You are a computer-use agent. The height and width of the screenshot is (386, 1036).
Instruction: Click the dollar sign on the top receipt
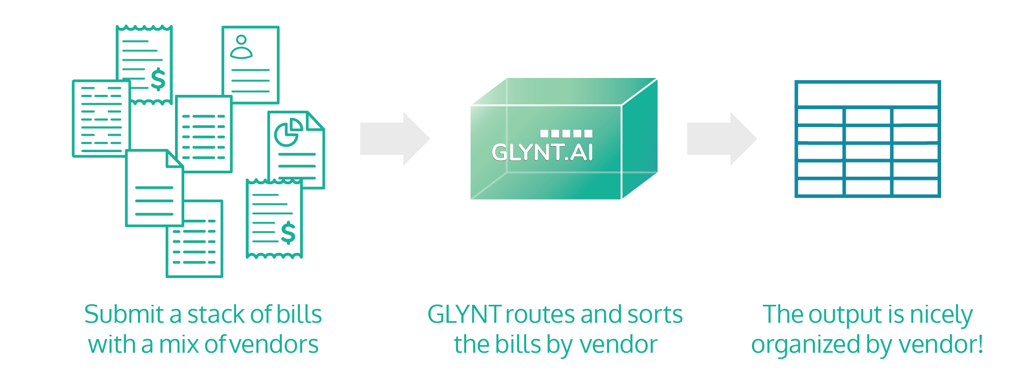[x=158, y=79]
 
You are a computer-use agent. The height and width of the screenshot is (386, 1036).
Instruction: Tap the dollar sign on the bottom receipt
[x=288, y=233]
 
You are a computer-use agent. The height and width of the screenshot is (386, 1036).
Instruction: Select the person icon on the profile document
[x=241, y=47]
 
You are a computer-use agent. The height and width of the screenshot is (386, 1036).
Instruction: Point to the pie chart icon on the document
[x=288, y=132]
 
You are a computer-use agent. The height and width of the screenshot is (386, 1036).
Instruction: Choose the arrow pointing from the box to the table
[x=721, y=138]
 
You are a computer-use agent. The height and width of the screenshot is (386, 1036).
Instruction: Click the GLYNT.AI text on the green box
[x=542, y=153]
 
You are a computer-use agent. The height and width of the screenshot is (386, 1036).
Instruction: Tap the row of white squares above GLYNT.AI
[x=565, y=133]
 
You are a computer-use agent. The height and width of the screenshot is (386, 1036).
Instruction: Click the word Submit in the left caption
[x=124, y=315]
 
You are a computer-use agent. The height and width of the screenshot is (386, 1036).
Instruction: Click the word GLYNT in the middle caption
[x=463, y=315]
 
